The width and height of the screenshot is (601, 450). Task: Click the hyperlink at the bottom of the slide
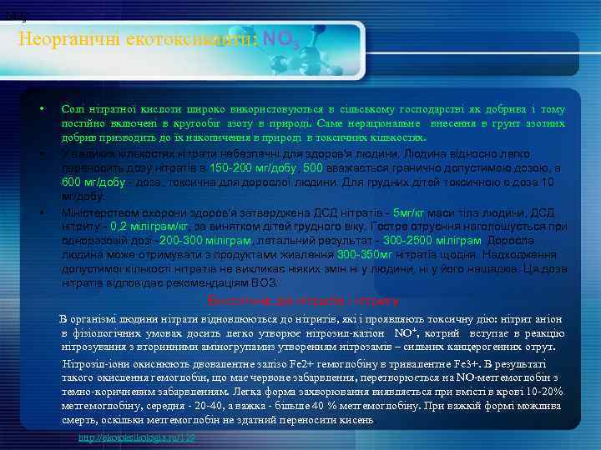click(136, 437)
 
